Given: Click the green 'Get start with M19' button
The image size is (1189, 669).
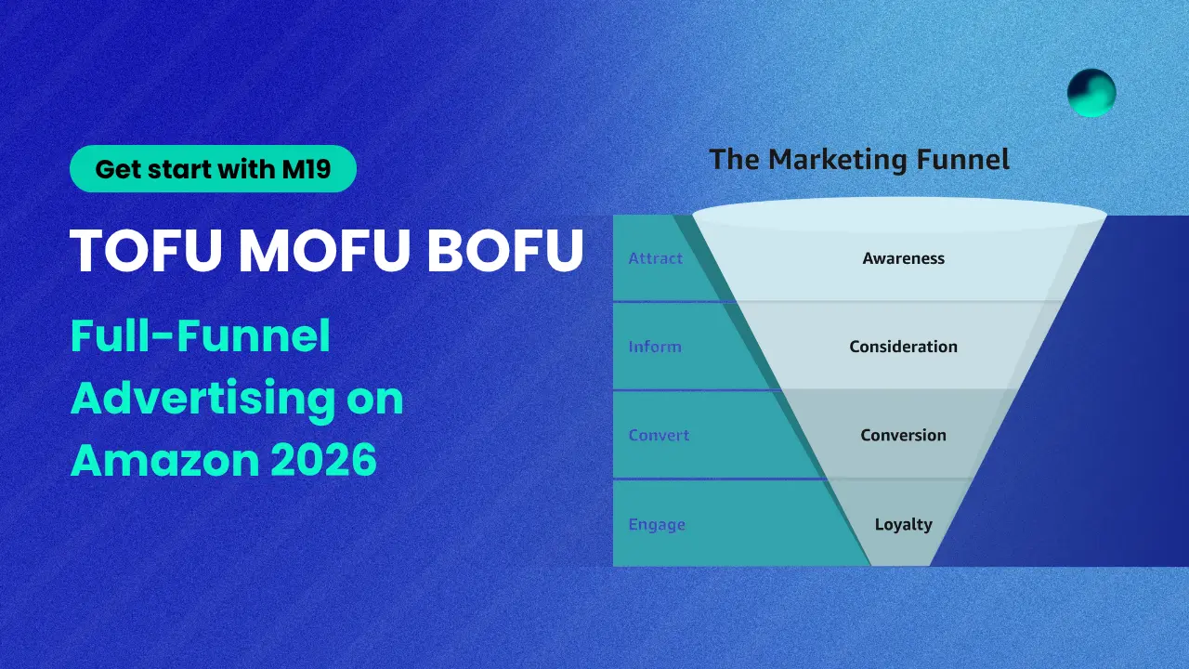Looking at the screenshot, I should pyautogui.click(x=213, y=169).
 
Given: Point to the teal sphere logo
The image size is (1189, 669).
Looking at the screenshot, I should pyautogui.click(x=1091, y=93).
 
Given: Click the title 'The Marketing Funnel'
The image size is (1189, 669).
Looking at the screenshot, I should pyautogui.click(x=859, y=159).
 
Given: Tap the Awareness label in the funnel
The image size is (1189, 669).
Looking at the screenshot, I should pyautogui.click(x=903, y=258).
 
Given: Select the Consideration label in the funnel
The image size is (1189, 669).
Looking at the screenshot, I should pyautogui.click(x=903, y=347).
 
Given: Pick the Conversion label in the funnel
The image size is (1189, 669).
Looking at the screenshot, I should pyautogui.click(x=903, y=435).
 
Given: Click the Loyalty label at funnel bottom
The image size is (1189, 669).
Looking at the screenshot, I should pyautogui.click(x=903, y=524).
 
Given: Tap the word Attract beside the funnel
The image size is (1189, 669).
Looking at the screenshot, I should pyautogui.click(x=655, y=258).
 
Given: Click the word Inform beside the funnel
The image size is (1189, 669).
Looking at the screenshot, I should pyautogui.click(x=654, y=347).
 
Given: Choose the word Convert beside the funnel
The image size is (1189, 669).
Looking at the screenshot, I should pyautogui.click(x=659, y=435).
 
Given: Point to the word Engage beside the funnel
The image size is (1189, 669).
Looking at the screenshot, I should pyautogui.click(x=657, y=524).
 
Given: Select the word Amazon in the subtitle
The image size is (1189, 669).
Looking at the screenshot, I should pyautogui.click(x=154, y=460).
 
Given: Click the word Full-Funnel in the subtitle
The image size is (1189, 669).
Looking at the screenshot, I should pyautogui.click(x=201, y=336).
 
